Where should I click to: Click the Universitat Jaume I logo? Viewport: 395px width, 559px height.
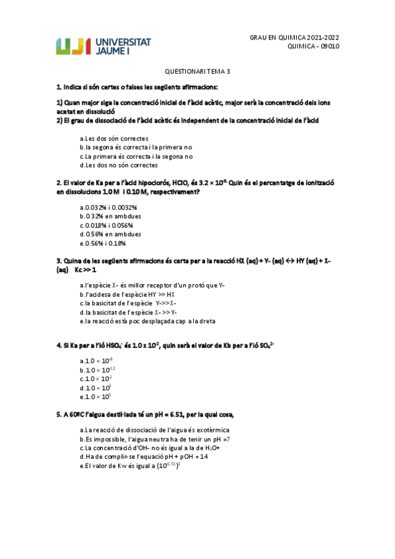pos(104,46)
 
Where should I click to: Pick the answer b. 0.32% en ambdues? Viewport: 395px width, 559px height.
pos(110,216)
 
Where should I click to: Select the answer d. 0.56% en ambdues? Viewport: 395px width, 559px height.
pos(110,234)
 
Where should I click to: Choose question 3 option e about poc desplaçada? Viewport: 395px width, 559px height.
pos(147,321)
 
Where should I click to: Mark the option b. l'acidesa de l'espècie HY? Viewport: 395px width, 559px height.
pos(127,294)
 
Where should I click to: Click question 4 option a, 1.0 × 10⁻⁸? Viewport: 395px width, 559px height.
pos(96,361)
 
